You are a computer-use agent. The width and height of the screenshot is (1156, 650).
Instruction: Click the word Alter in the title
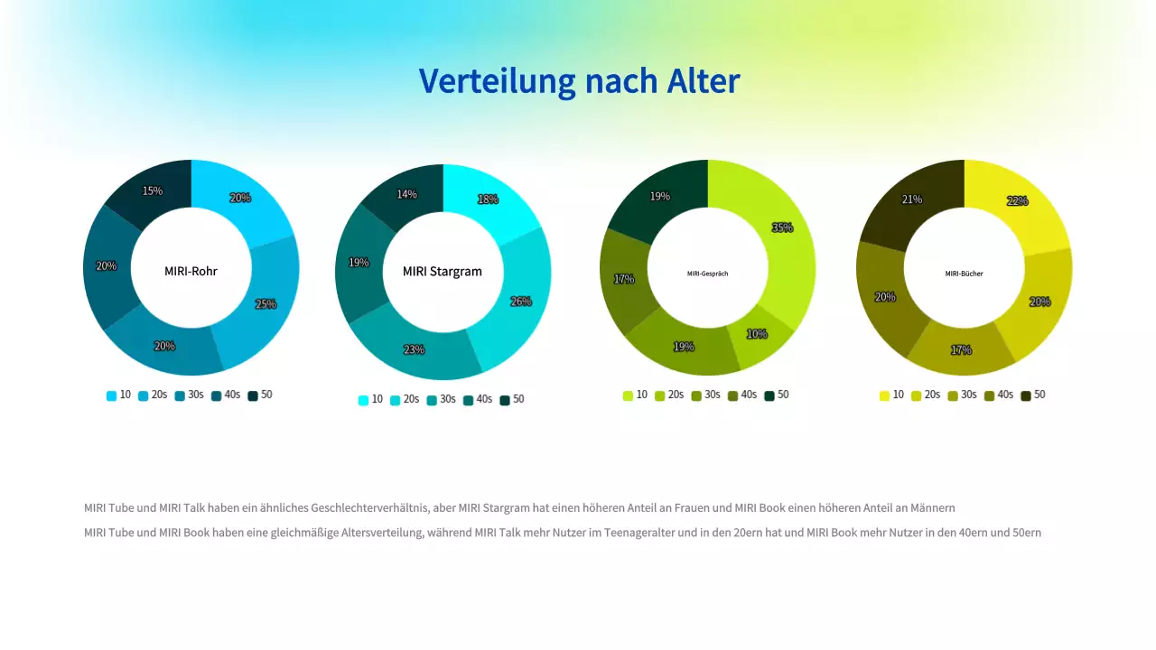pyautogui.click(x=704, y=81)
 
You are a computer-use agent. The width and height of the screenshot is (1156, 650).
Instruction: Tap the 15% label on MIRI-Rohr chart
pyautogui.click(x=153, y=191)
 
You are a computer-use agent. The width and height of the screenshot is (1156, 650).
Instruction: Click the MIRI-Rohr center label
pyautogui.click(x=191, y=271)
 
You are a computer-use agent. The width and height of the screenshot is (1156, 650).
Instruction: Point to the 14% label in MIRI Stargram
pyautogui.click(x=406, y=194)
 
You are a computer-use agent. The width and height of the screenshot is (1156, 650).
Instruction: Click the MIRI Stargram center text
pyautogui.click(x=443, y=272)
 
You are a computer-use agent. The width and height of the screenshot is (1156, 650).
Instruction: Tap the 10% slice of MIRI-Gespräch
pyautogui.click(x=757, y=334)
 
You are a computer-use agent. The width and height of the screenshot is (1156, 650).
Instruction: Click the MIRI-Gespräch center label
pyautogui.click(x=707, y=274)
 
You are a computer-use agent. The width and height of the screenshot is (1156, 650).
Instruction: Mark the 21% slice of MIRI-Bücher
pyautogui.click(x=912, y=200)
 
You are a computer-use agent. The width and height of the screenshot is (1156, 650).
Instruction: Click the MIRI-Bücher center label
pyautogui.click(x=964, y=274)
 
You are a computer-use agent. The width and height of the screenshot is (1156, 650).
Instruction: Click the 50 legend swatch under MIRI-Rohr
pyautogui.click(x=253, y=395)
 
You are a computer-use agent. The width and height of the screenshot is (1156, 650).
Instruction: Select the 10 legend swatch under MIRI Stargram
pyautogui.click(x=363, y=400)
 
